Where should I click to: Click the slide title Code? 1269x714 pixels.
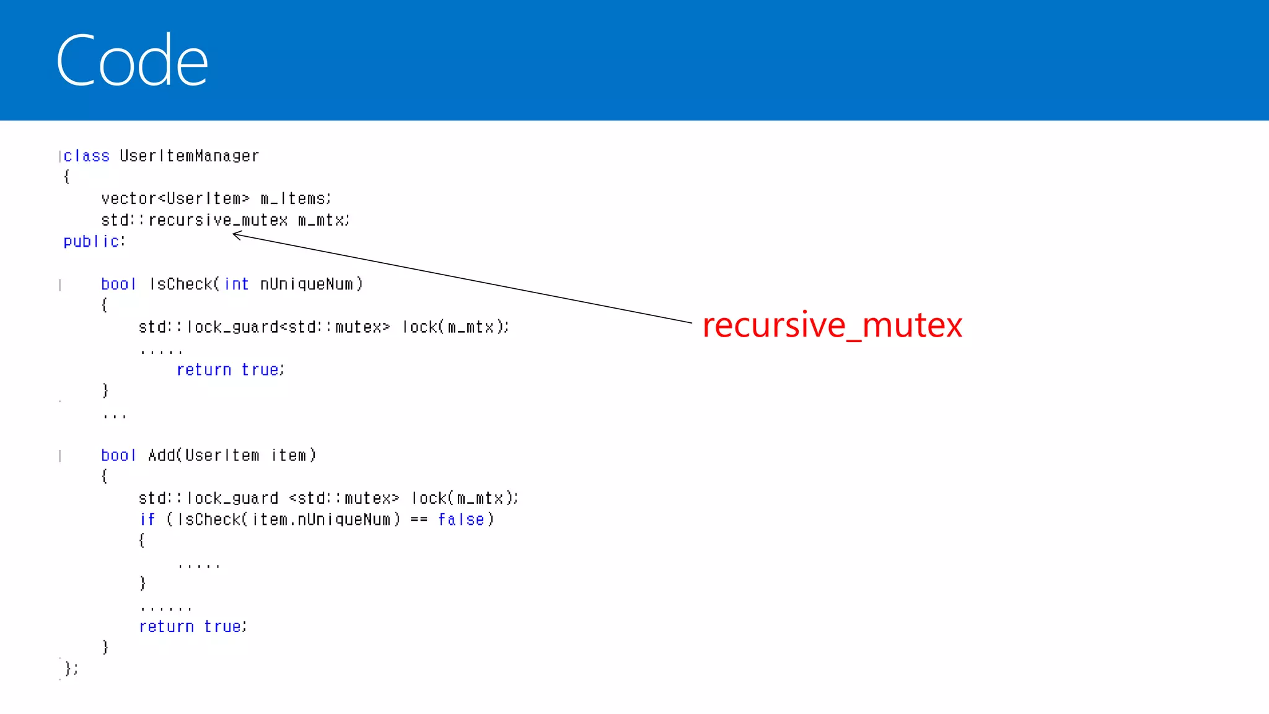132,60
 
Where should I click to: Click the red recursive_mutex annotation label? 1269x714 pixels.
832,325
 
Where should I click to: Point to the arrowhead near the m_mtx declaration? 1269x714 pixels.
235,234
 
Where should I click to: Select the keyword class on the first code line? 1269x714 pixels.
86,156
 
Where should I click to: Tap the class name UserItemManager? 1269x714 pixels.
189,156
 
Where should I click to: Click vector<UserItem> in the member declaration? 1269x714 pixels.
175,198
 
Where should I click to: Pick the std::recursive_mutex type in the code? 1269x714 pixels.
195,220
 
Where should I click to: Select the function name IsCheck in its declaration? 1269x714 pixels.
181,284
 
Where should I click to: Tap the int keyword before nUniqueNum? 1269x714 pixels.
236,284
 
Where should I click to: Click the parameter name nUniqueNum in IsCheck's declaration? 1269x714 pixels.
307,284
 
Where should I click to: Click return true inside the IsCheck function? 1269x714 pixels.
230,369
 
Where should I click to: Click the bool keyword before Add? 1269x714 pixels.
118,456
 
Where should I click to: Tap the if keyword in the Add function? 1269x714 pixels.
147,519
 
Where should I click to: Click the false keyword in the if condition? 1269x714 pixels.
460,519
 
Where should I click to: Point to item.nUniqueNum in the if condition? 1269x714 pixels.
321,519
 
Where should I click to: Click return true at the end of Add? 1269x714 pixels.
193,627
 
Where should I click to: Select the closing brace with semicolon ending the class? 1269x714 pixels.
71,668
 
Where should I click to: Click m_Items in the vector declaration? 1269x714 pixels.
294,198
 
